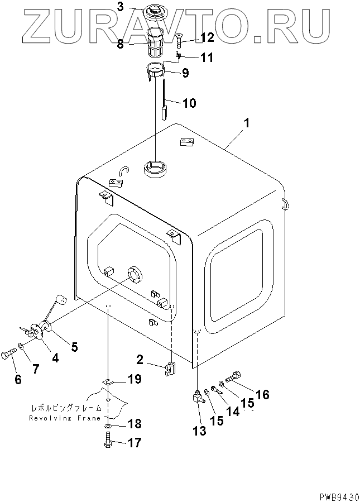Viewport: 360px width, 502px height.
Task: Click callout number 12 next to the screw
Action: [191, 37]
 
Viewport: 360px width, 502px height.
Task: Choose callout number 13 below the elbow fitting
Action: [199, 431]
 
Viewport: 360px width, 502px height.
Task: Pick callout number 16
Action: [262, 395]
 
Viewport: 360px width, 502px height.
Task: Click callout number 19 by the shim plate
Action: [134, 380]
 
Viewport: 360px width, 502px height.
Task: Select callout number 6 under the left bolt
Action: [18, 380]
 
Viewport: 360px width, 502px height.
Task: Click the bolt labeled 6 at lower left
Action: [10, 353]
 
